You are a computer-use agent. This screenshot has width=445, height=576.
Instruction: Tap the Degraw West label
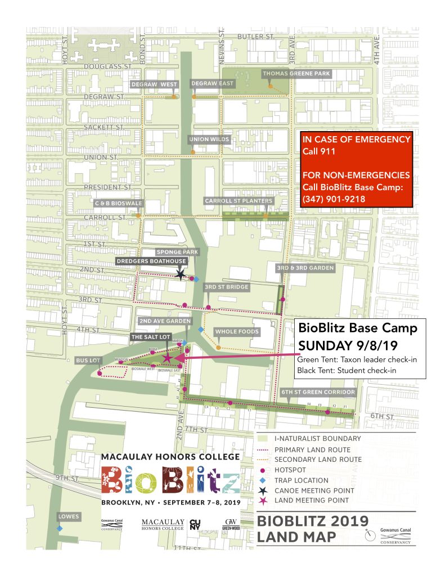154,84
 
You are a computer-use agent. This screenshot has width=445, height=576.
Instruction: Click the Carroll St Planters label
239,201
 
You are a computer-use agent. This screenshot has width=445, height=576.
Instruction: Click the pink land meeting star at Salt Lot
167,358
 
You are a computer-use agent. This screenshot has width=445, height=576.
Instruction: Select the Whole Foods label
237,331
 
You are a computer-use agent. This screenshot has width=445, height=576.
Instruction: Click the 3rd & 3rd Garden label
305,268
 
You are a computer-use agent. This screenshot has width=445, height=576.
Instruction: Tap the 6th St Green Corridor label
317,391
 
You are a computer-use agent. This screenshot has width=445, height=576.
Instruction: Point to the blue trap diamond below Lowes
59,528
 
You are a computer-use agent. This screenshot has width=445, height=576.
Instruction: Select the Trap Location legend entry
300,480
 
